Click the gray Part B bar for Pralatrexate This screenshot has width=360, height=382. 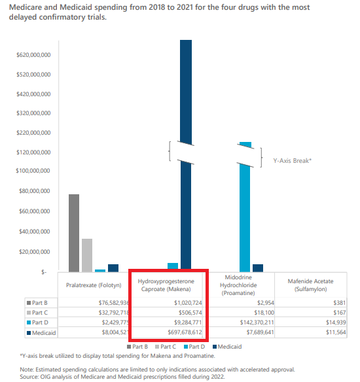[74, 233]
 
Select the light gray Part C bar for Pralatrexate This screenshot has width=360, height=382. [87, 255]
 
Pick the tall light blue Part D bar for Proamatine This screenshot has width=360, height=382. [245, 207]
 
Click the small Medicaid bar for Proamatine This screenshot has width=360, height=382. [258, 268]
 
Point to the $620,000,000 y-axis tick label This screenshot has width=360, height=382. [33, 55]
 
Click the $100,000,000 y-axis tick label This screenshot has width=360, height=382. [33, 171]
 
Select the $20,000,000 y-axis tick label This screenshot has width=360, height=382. [35, 251]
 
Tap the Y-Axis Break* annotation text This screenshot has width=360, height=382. [292, 161]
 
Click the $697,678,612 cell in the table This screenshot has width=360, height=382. [185, 332]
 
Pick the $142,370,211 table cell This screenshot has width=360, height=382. [257, 322]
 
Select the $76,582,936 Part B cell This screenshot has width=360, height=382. [114, 303]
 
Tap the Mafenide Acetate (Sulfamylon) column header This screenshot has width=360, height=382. [310, 285]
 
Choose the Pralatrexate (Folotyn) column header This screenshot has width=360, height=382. [94, 285]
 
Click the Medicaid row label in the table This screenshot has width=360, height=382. [41, 332]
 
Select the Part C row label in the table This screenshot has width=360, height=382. [37, 313]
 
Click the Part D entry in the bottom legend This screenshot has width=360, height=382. [194, 347]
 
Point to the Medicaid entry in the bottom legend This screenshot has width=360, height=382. [227, 347]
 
